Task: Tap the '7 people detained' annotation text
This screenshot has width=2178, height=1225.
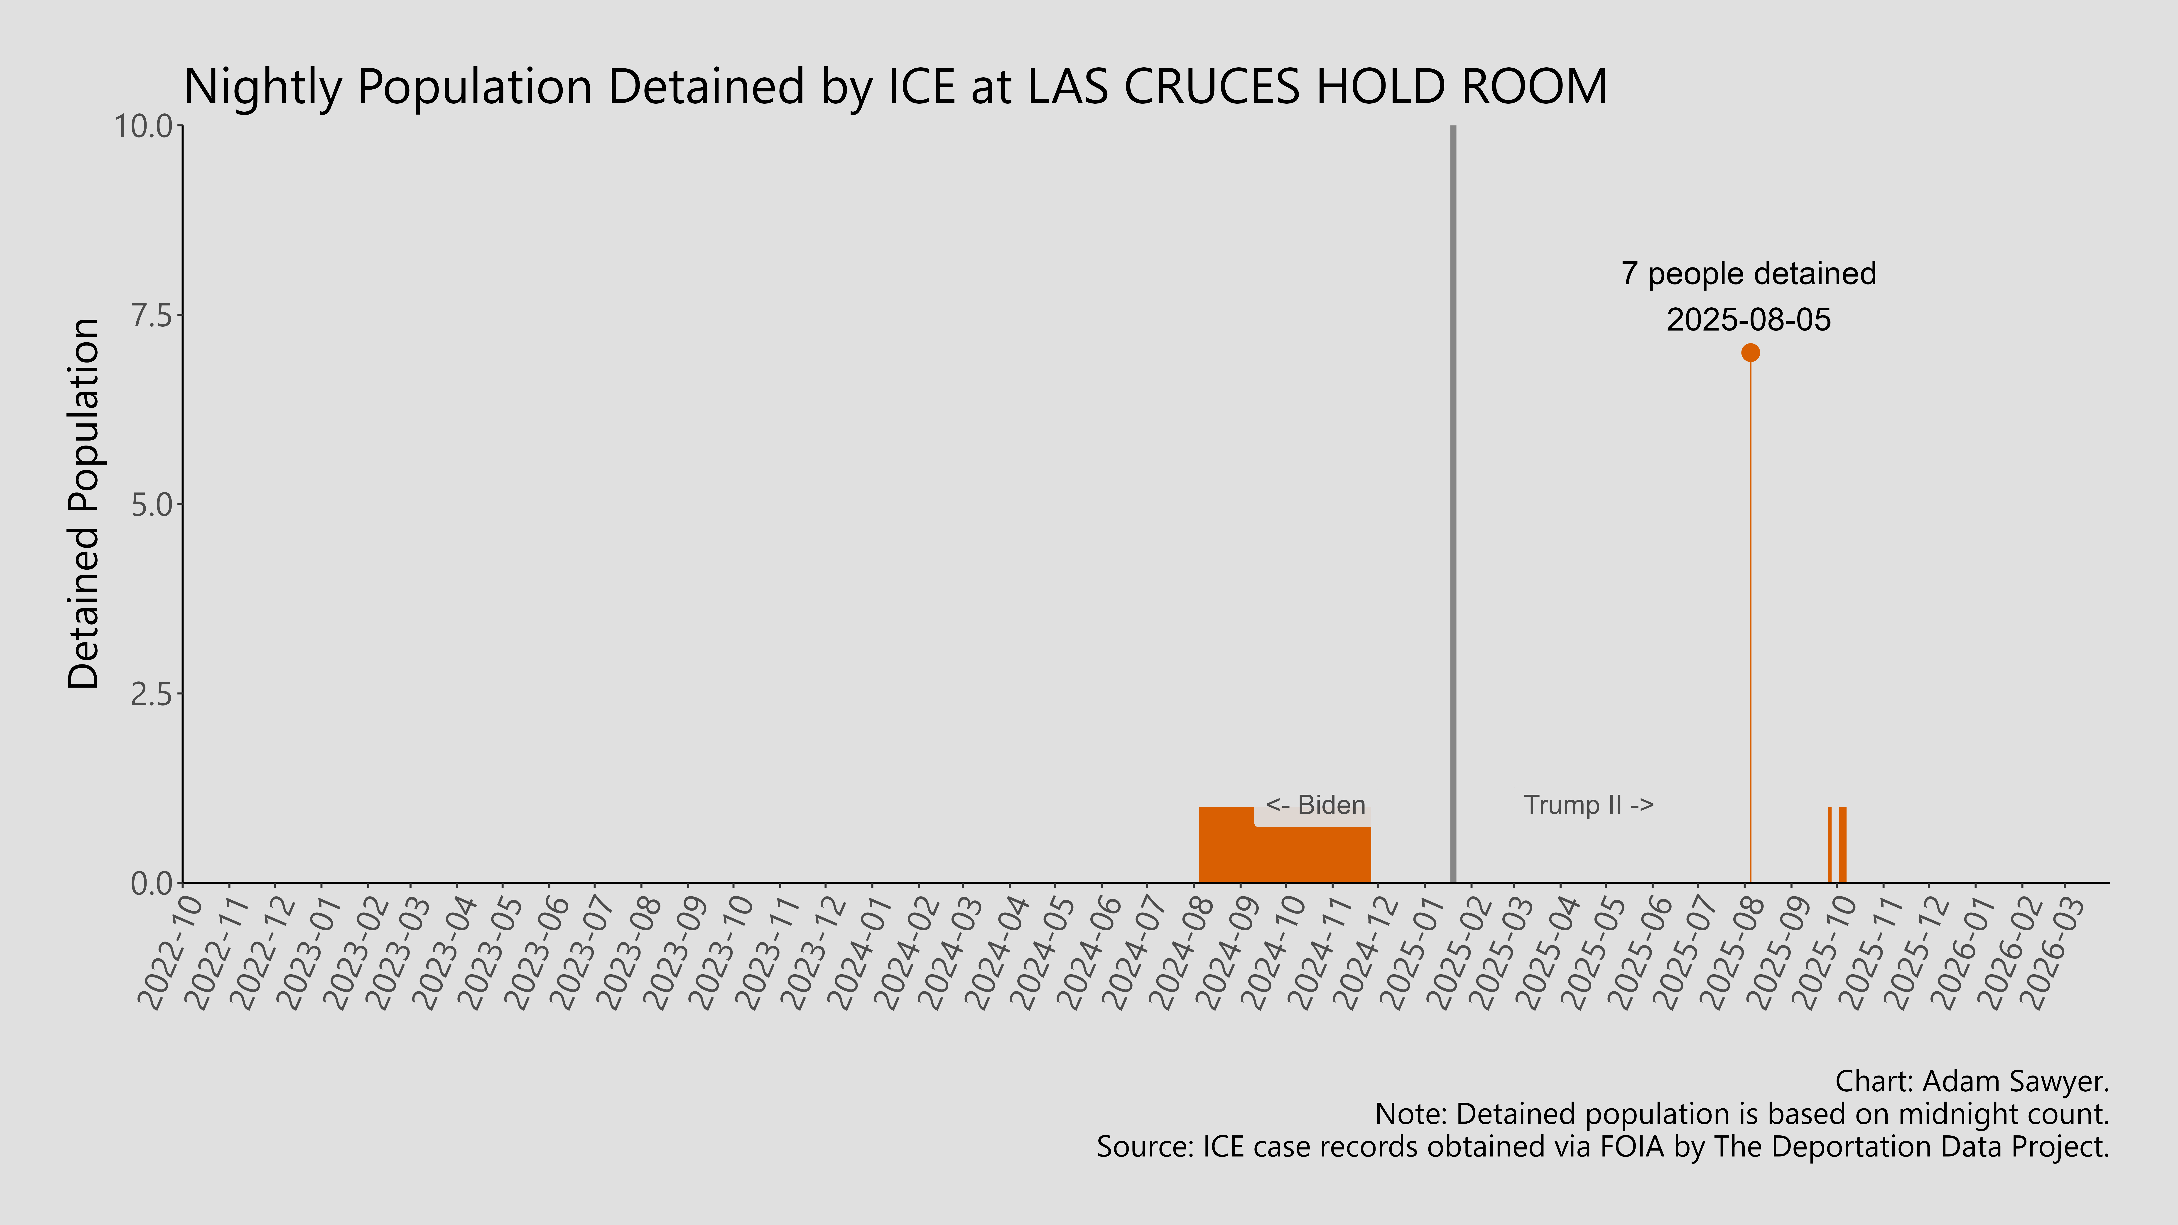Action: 1749,274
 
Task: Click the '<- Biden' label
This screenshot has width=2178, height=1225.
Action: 1316,805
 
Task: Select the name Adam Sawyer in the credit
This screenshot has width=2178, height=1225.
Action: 2015,1081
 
